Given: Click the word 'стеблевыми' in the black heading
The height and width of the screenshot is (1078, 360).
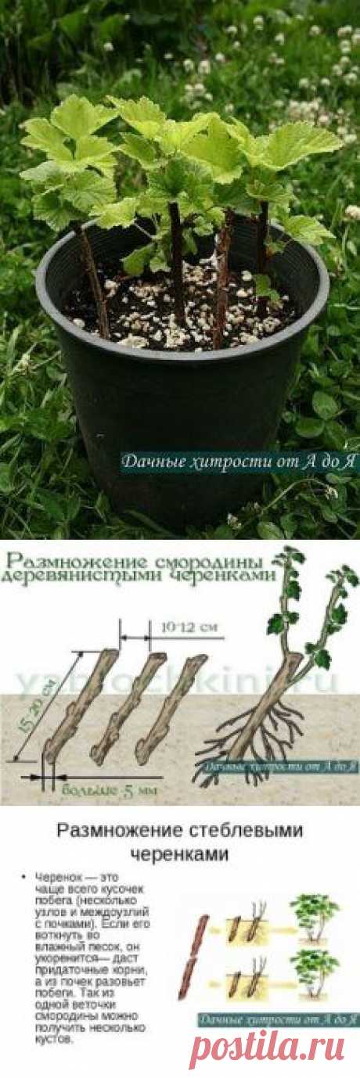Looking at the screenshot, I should [234, 830].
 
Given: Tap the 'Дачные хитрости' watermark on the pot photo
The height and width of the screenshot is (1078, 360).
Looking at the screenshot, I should [239, 463].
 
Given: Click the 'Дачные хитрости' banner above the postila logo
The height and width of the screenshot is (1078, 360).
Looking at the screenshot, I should [276, 1019].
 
